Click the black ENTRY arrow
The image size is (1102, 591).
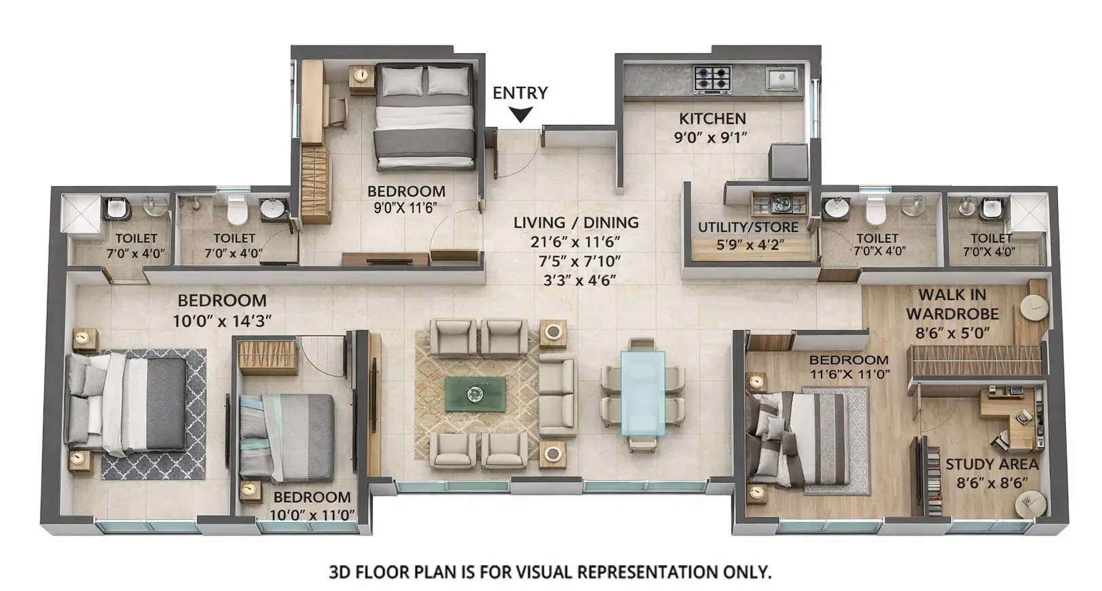520,115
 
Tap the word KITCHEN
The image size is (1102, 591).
712,119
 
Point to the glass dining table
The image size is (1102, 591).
642,394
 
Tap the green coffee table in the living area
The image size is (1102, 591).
475,394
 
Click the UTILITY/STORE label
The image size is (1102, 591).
748,227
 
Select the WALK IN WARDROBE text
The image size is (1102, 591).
952,305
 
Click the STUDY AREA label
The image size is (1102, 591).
992,465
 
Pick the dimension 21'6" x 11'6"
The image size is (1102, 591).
576,242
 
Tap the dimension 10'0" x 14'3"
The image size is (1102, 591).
222,321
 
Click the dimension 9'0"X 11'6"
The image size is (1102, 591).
405,208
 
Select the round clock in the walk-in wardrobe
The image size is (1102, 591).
1034,307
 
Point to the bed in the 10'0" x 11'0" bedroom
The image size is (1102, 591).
289,434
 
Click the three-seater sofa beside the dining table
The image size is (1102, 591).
557,397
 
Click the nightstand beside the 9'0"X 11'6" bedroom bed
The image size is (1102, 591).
362,78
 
